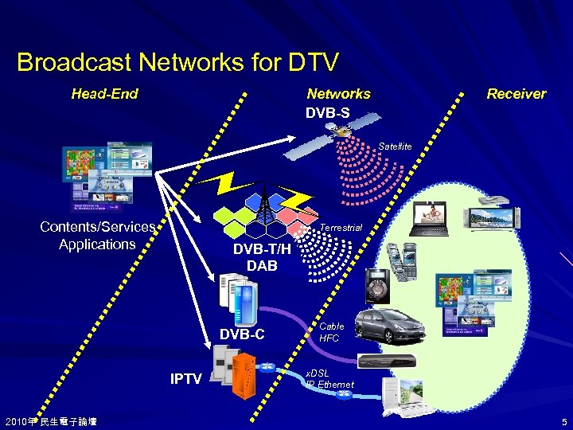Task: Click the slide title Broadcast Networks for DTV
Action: (x=177, y=61)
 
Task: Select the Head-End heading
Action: (x=104, y=94)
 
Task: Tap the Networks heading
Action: (x=338, y=94)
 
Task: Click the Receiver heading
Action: (x=516, y=94)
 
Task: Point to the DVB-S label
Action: (x=327, y=112)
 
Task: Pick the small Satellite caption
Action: (x=396, y=147)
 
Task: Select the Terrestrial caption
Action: (x=341, y=228)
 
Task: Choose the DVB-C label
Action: (x=243, y=334)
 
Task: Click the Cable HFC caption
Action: (x=331, y=332)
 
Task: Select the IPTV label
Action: (x=186, y=378)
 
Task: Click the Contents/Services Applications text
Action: (x=97, y=236)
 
